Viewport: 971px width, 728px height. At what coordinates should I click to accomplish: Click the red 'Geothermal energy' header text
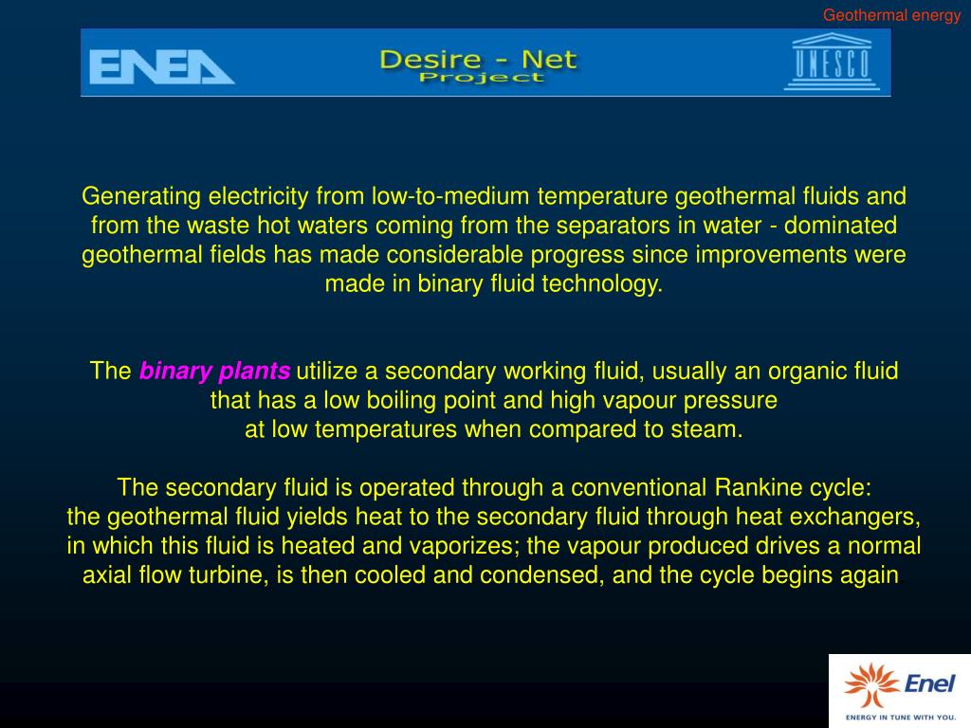[x=891, y=15]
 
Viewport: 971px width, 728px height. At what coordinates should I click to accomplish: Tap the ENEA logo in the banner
[x=161, y=66]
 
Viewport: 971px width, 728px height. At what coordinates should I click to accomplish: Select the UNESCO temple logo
[x=831, y=63]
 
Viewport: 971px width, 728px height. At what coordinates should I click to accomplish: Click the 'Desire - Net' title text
[x=478, y=59]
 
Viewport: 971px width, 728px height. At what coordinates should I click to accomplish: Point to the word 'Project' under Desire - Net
[x=481, y=77]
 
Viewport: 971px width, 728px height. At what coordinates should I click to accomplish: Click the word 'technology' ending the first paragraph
[x=600, y=284]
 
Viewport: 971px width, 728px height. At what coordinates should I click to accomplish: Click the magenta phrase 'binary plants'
[x=215, y=371]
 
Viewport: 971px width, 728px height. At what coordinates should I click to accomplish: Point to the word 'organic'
[x=784, y=371]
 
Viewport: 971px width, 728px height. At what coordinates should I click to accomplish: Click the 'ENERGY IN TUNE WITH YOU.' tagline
[x=899, y=717]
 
